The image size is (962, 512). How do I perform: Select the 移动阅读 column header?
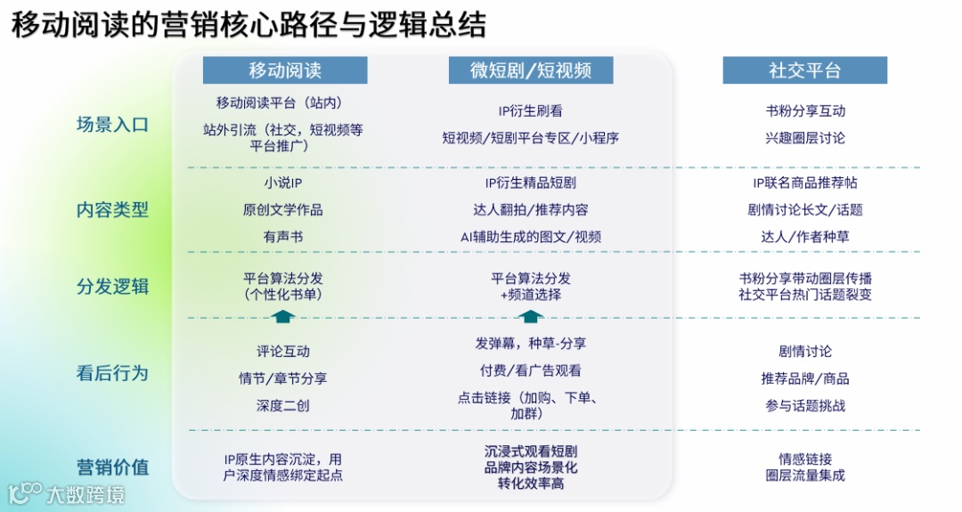(x=285, y=70)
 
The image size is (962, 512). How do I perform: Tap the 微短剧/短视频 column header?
(x=531, y=70)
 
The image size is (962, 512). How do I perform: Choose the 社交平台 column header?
(x=804, y=70)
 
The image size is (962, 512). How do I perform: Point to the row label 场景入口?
(x=112, y=125)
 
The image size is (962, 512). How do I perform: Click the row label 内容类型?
(x=112, y=210)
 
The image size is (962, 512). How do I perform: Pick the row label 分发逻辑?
(x=112, y=287)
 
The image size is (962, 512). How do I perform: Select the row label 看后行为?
(x=112, y=373)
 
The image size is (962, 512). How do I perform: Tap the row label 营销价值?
(x=112, y=467)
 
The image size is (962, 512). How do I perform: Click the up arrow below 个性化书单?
(x=282, y=316)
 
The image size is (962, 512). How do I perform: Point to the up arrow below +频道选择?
(x=531, y=316)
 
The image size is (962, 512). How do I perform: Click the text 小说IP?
(x=282, y=183)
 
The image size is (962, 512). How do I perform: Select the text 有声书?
(x=282, y=237)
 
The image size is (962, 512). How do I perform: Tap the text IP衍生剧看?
(x=530, y=111)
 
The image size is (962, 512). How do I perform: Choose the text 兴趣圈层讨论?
(x=805, y=138)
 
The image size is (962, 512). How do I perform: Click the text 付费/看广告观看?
(x=530, y=370)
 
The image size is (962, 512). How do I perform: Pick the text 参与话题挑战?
(x=805, y=405)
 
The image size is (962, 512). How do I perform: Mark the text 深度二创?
(x=282, y=405)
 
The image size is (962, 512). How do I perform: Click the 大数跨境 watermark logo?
(x=66, y=492)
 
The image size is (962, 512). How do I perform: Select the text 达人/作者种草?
(x=805, y=237)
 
